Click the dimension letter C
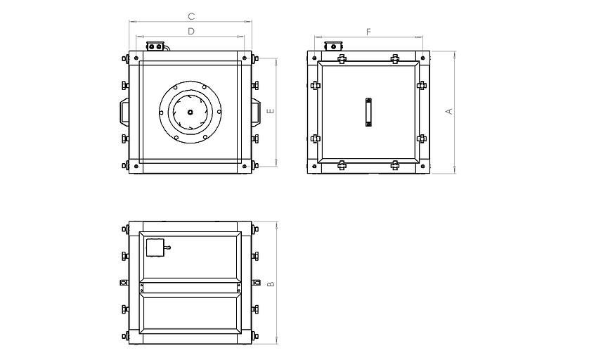191,16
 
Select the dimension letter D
191,32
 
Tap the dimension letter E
271,111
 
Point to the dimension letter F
369,32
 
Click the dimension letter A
449,112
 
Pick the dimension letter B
271,283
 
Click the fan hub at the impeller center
190,112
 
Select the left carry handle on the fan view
124,111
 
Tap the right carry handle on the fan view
256,111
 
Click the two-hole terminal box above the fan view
155,46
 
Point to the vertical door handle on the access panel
368,112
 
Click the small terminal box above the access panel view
333,46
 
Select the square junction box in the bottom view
155,247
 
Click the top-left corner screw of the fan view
136,58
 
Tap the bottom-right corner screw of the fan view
245,167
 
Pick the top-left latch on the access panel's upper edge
342,58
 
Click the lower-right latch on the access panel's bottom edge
395,165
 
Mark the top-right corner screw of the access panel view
422,58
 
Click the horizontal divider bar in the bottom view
190,288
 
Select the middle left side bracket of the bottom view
124,283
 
